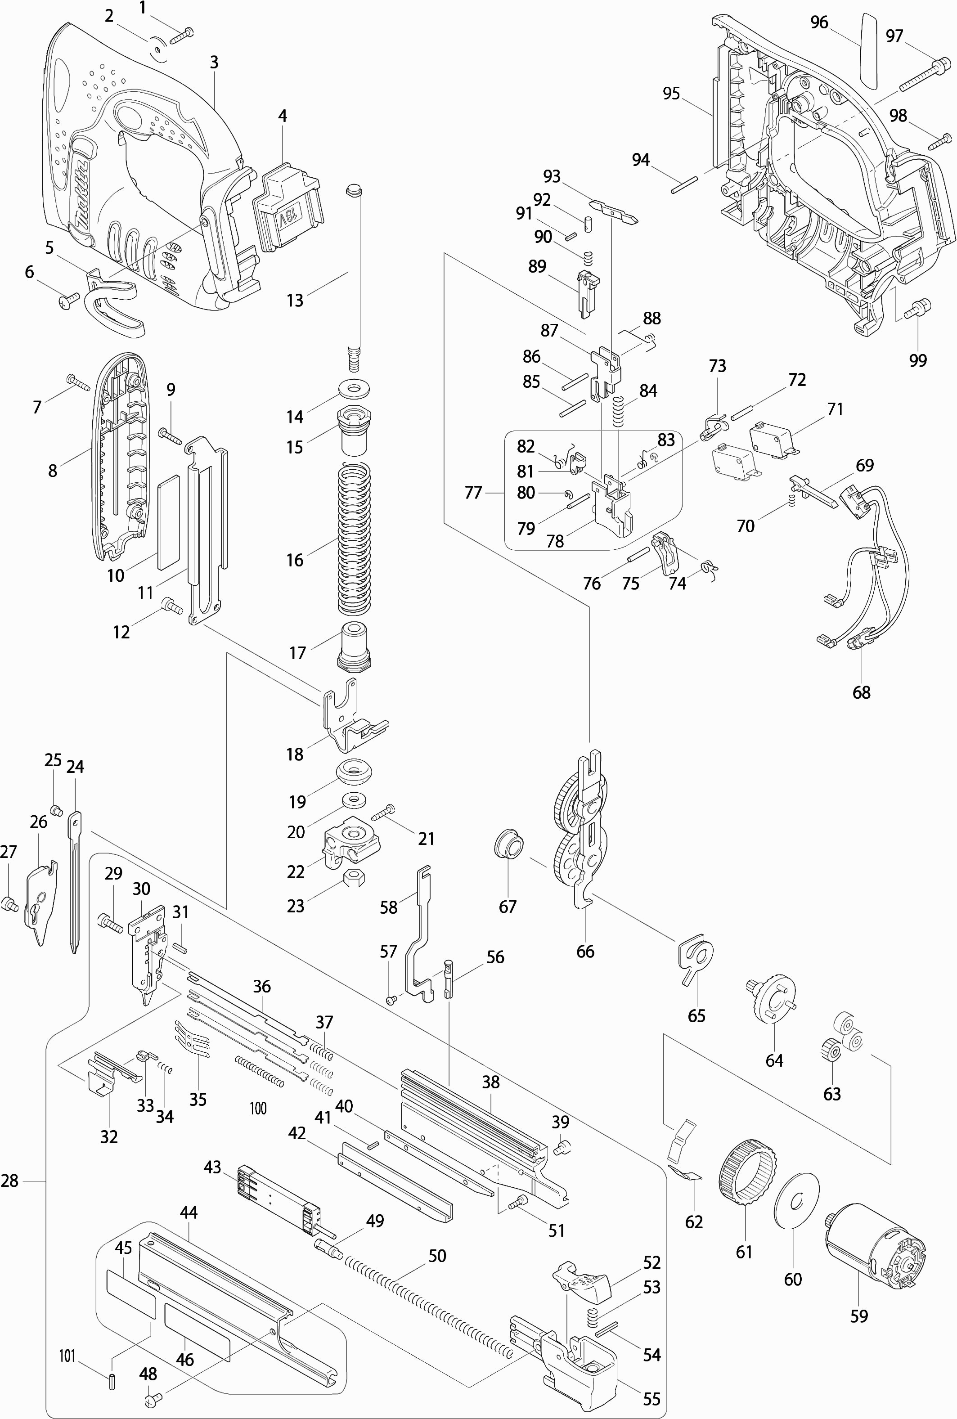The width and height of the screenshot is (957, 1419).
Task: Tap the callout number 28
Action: [x=10, y=1181]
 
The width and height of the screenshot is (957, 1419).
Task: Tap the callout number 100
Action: [x=258, y=1108]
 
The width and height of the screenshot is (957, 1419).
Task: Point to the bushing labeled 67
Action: [x=509, y=844]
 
